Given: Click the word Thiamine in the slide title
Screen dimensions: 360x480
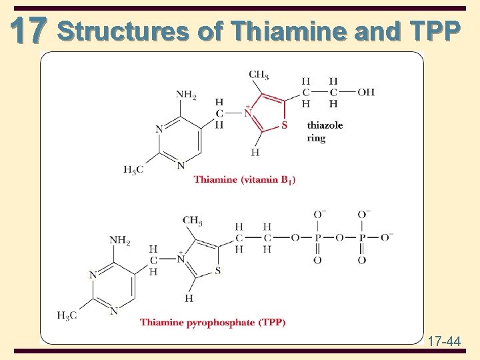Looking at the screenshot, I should (x=277, y=31).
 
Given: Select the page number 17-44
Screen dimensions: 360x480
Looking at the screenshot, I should (x=443, y=342).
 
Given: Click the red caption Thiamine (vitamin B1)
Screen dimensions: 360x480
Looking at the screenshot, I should (x=245, y=179).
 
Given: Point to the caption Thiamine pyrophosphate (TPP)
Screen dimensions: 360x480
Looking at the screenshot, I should (x=213, y=323).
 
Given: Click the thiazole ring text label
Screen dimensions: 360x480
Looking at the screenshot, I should (x=325, y=131).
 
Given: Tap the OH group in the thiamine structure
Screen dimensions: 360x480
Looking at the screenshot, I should (x=366, y=92).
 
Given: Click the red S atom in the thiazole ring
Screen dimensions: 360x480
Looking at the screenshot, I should (x=285, y=125).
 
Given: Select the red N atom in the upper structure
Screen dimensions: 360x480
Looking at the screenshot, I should (x=248, y=113).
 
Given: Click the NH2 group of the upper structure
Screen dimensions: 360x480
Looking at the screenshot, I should (x=186, y=95).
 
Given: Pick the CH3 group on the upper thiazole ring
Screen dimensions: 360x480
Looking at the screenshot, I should (x=259, y=74).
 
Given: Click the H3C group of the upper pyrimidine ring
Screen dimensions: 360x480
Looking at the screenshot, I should (x=133, y=169).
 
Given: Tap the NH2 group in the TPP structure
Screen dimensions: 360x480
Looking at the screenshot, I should (x=120, y=240).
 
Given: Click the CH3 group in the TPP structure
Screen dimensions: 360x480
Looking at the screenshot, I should (x=192, y=221).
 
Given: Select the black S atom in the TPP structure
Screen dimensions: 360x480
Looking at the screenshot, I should (x=217, y=271).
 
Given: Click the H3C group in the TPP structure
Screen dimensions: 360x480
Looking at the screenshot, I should (x=67, y=316).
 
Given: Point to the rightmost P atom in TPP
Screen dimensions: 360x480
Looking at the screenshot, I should (x=361, y=237).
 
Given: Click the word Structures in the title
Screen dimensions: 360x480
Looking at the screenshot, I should (x=123, y=31).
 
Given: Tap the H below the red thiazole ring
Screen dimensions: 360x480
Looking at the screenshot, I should (x=255, y=153).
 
